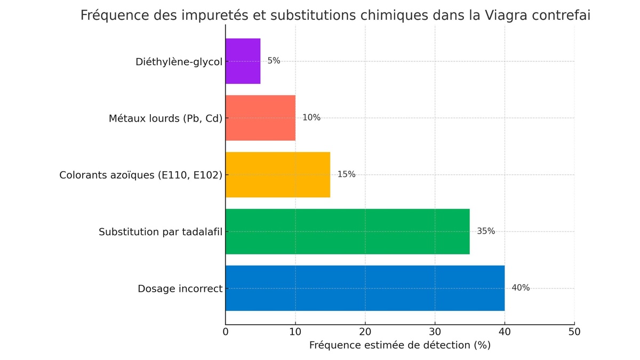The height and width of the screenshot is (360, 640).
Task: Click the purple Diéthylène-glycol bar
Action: coord(243,61)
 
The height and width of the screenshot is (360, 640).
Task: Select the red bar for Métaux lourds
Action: coord(260,118)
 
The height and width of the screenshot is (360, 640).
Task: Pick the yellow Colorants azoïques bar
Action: coord(277,174)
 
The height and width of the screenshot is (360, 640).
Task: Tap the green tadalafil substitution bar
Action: coord(347,231)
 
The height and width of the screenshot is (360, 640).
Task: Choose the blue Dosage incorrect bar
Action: coord(365,288)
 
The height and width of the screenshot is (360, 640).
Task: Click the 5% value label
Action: coord(274,61)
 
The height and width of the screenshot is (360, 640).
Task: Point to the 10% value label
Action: coord(311,117)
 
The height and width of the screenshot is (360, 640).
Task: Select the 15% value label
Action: coord(346,174)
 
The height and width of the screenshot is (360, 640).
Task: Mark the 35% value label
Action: coord(486,231)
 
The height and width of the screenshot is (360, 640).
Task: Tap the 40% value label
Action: coord(521,288)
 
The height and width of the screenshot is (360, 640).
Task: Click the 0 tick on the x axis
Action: coord(226,332)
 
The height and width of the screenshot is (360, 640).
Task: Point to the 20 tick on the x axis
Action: coord(365,332)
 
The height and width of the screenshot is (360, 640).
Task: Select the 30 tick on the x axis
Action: coord(435,332)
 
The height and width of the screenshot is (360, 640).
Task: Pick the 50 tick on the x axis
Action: coord(574,332)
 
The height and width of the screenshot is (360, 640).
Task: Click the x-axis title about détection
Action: coord(399,346)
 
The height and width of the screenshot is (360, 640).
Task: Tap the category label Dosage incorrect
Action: coord(180,289)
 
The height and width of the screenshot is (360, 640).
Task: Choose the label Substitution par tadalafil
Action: coord(160,232)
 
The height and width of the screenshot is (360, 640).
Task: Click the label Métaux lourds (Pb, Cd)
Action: coord(165,118)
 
